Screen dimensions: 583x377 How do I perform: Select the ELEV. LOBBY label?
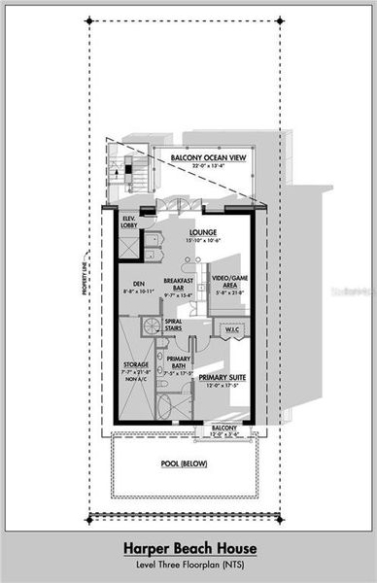(x=129, y=220)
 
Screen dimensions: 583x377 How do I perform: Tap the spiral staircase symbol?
(x=152, y=326)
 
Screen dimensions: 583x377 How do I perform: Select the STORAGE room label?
(x=136, y=364)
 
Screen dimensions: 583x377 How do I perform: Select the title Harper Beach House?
(x=188, y=549)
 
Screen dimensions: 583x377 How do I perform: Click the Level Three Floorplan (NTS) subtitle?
(x=188, y=565)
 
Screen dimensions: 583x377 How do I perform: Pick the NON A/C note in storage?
(x=136, y=382)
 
